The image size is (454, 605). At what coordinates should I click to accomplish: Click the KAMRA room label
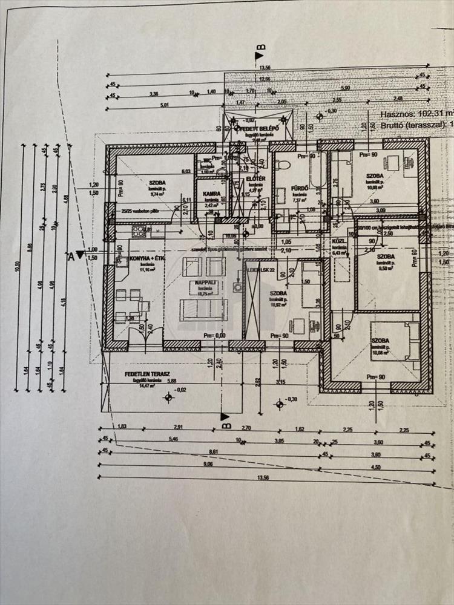point(211,194)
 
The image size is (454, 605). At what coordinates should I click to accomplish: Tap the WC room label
point(206,161)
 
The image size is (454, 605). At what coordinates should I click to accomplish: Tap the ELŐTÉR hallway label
point(255,180)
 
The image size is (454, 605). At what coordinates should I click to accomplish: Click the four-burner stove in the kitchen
point(141,231)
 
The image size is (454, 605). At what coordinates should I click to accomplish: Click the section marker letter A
point(71,257)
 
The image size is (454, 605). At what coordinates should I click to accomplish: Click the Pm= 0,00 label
point(215,335)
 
